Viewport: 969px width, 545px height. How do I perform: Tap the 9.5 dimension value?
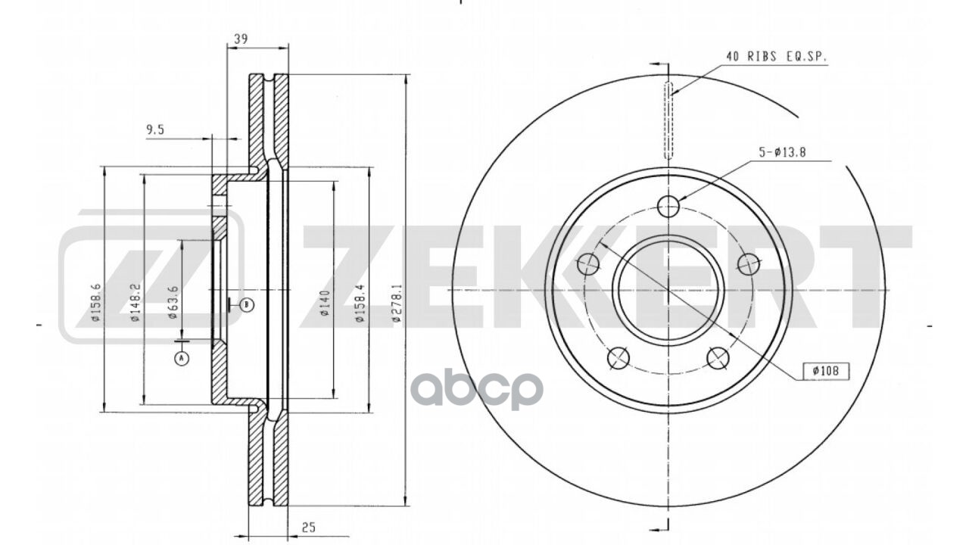click(155, 129)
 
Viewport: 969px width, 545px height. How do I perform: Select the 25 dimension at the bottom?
click(307, 528)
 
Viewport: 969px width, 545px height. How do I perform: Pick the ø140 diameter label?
click(323, 303)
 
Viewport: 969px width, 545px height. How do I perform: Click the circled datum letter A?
click(181, 359)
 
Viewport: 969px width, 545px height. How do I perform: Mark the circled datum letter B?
click(247, 305)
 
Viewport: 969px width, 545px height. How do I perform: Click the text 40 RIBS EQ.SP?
click(776, 57)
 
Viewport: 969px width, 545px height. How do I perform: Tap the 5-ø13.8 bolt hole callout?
click(782, 152)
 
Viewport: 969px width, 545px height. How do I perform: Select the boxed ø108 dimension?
click(826, 371)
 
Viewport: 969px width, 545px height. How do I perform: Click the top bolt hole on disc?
click(668, 205)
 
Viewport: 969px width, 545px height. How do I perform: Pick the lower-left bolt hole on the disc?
click(619, 357)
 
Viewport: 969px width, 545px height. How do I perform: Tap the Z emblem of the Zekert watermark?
click(151, 276)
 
